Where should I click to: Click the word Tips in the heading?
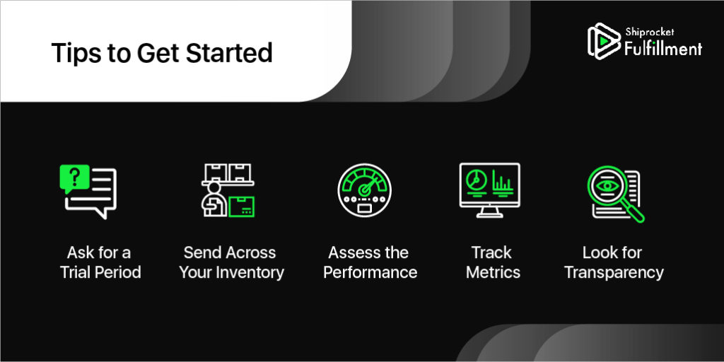[76, 54]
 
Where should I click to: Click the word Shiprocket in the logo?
[650, 33]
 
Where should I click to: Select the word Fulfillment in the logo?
[663, 48]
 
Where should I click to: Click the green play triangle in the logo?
[602, 41]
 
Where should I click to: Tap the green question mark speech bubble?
[74, 177]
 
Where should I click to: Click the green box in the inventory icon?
[242, 206]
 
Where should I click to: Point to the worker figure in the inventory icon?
[214, 199]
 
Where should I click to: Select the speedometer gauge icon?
[364, 190]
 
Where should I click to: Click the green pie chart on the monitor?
[474, 180]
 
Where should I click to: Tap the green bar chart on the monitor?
[503, 181]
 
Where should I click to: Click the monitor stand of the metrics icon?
[489, 212]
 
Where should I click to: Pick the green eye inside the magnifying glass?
[607, 185]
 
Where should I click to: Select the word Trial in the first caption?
[74, 272]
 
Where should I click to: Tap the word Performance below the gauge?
[370, 272]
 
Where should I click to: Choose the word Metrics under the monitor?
[493, 272]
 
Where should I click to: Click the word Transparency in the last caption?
[614, 272]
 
